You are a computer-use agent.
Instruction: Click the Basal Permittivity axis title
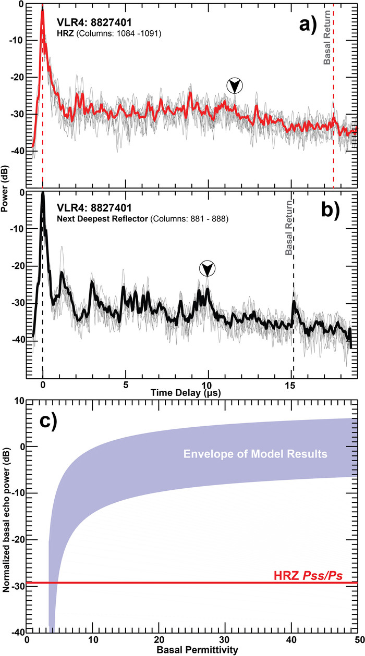(x=192, y=650)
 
